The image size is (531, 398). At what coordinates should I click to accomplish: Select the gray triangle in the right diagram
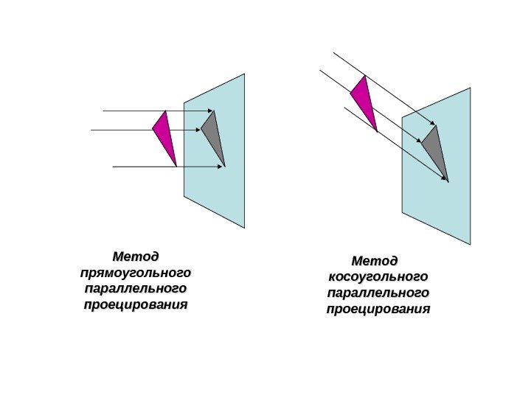pyautogui.click(x=436, y=150)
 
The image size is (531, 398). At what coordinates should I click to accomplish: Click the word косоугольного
pyautogui.click(x=377, y=277)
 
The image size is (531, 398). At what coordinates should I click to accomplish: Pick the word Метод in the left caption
pyautogui.click(x=135, y=257)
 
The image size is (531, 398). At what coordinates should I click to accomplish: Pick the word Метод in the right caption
pyautogui.click(x=375, y=261)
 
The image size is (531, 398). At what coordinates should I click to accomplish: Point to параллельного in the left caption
pyautogui.click(x=136, y=289)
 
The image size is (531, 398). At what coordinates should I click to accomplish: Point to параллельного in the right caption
pyautogui.click(x=377, y=293)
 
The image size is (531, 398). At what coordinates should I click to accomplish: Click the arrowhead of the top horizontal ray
pyautogui.click(x=212, y=111)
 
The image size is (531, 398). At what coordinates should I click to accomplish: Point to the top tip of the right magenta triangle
pyautogui.click(x=364, y=76)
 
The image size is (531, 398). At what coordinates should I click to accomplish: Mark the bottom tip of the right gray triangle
pyautogui.click(x=448, y=181)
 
